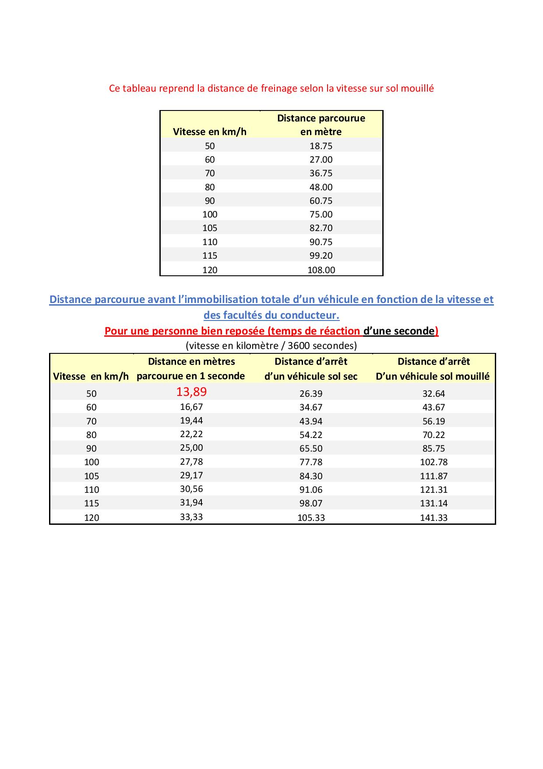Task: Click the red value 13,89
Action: click(191, 392)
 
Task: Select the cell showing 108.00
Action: click(321, 270)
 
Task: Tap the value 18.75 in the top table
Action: click(321, 146)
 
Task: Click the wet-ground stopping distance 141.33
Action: click(434, 517)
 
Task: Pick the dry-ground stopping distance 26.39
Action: click(311, 394)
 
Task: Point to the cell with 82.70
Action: click(321, 228)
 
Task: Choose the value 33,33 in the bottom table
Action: click(191, 517)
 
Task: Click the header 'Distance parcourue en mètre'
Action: click(321, 125)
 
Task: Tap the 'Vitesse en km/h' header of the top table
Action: click(210, 132)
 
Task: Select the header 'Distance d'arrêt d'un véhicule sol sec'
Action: click(311, 369)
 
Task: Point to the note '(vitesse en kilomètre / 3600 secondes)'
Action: click(271, 345)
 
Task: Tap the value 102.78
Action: click(434, 462)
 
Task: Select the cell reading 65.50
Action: click(311, 449)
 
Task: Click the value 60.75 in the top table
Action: click(321, 201)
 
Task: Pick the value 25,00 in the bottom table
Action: click(191, 448)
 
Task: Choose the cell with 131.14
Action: click(434, 503)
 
